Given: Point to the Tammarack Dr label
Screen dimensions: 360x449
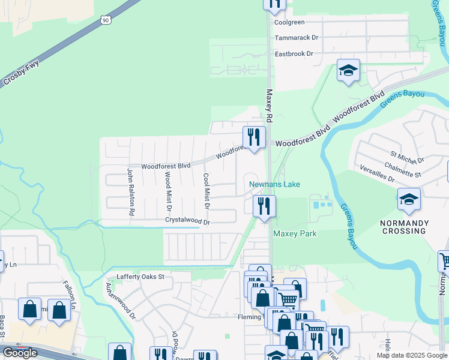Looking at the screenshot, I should tap(296, 37).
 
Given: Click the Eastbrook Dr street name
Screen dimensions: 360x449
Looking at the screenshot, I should tap(294, 53).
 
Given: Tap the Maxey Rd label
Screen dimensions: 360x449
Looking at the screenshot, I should tap(270, 106).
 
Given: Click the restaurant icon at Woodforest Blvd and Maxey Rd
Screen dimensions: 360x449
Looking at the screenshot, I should tap(254, 137).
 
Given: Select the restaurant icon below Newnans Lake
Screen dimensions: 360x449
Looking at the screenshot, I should tap(264, 206).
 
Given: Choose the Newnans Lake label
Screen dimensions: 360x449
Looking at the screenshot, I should tap(274, 184).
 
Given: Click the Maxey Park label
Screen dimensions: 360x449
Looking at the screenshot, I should tap(294, 233).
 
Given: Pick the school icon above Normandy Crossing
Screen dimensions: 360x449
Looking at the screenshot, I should tap(409, 199).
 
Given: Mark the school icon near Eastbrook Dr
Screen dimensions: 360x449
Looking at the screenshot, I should tap(348, 71).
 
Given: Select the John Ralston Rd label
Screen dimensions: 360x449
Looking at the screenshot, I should tap(130, 192).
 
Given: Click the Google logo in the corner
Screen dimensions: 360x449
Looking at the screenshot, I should tap(20, 352).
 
